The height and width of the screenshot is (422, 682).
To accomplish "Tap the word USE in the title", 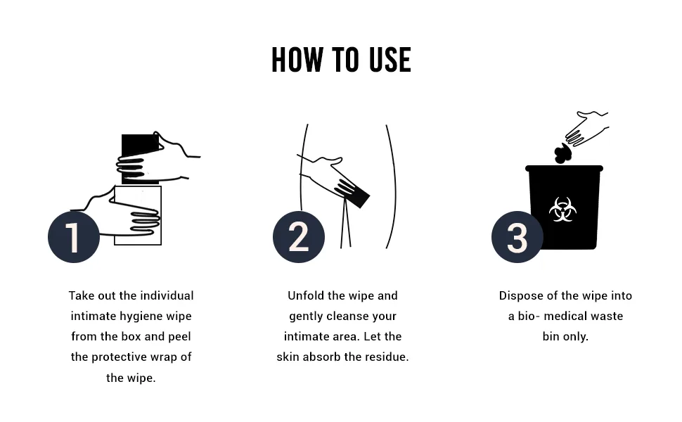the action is tap(390, 60).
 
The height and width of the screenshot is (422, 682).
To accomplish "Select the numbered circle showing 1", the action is tap(74, 237).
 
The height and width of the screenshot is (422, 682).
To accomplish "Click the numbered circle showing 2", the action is tap(299, 237).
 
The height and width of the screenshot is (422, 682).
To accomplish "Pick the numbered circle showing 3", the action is tap(517, 237).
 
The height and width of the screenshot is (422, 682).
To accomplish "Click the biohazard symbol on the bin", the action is tap(562, 210).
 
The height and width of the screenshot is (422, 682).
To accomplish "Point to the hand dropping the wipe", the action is tap(587, 127).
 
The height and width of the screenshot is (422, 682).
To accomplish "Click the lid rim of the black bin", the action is tap(564, 168).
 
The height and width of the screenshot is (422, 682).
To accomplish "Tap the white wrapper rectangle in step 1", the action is tap(138, 215).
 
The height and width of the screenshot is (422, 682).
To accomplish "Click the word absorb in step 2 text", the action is tap(322, 357).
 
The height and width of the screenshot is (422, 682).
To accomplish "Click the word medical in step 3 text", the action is tap(562, 316).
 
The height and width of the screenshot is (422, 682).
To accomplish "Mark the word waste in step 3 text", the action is tap(604, 316).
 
